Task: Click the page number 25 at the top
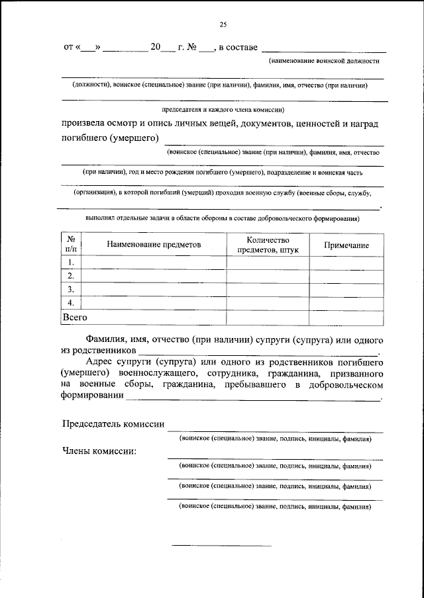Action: (223, 24)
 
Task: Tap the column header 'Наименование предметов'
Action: (153, 245)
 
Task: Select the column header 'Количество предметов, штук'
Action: (268, 245)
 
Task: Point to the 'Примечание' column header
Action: (346, 245)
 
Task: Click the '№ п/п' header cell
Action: (71, 245)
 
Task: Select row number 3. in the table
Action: (71, 290)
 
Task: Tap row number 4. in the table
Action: (71, 303)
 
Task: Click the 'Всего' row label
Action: (75, 318)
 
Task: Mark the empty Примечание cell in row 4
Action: (346, 303)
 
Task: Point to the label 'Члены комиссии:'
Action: (99, 451)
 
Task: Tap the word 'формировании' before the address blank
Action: (92, 396)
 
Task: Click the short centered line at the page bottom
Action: (222, 546)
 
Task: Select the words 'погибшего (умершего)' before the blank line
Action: (110, 138)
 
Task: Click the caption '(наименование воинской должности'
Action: (323, 61)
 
